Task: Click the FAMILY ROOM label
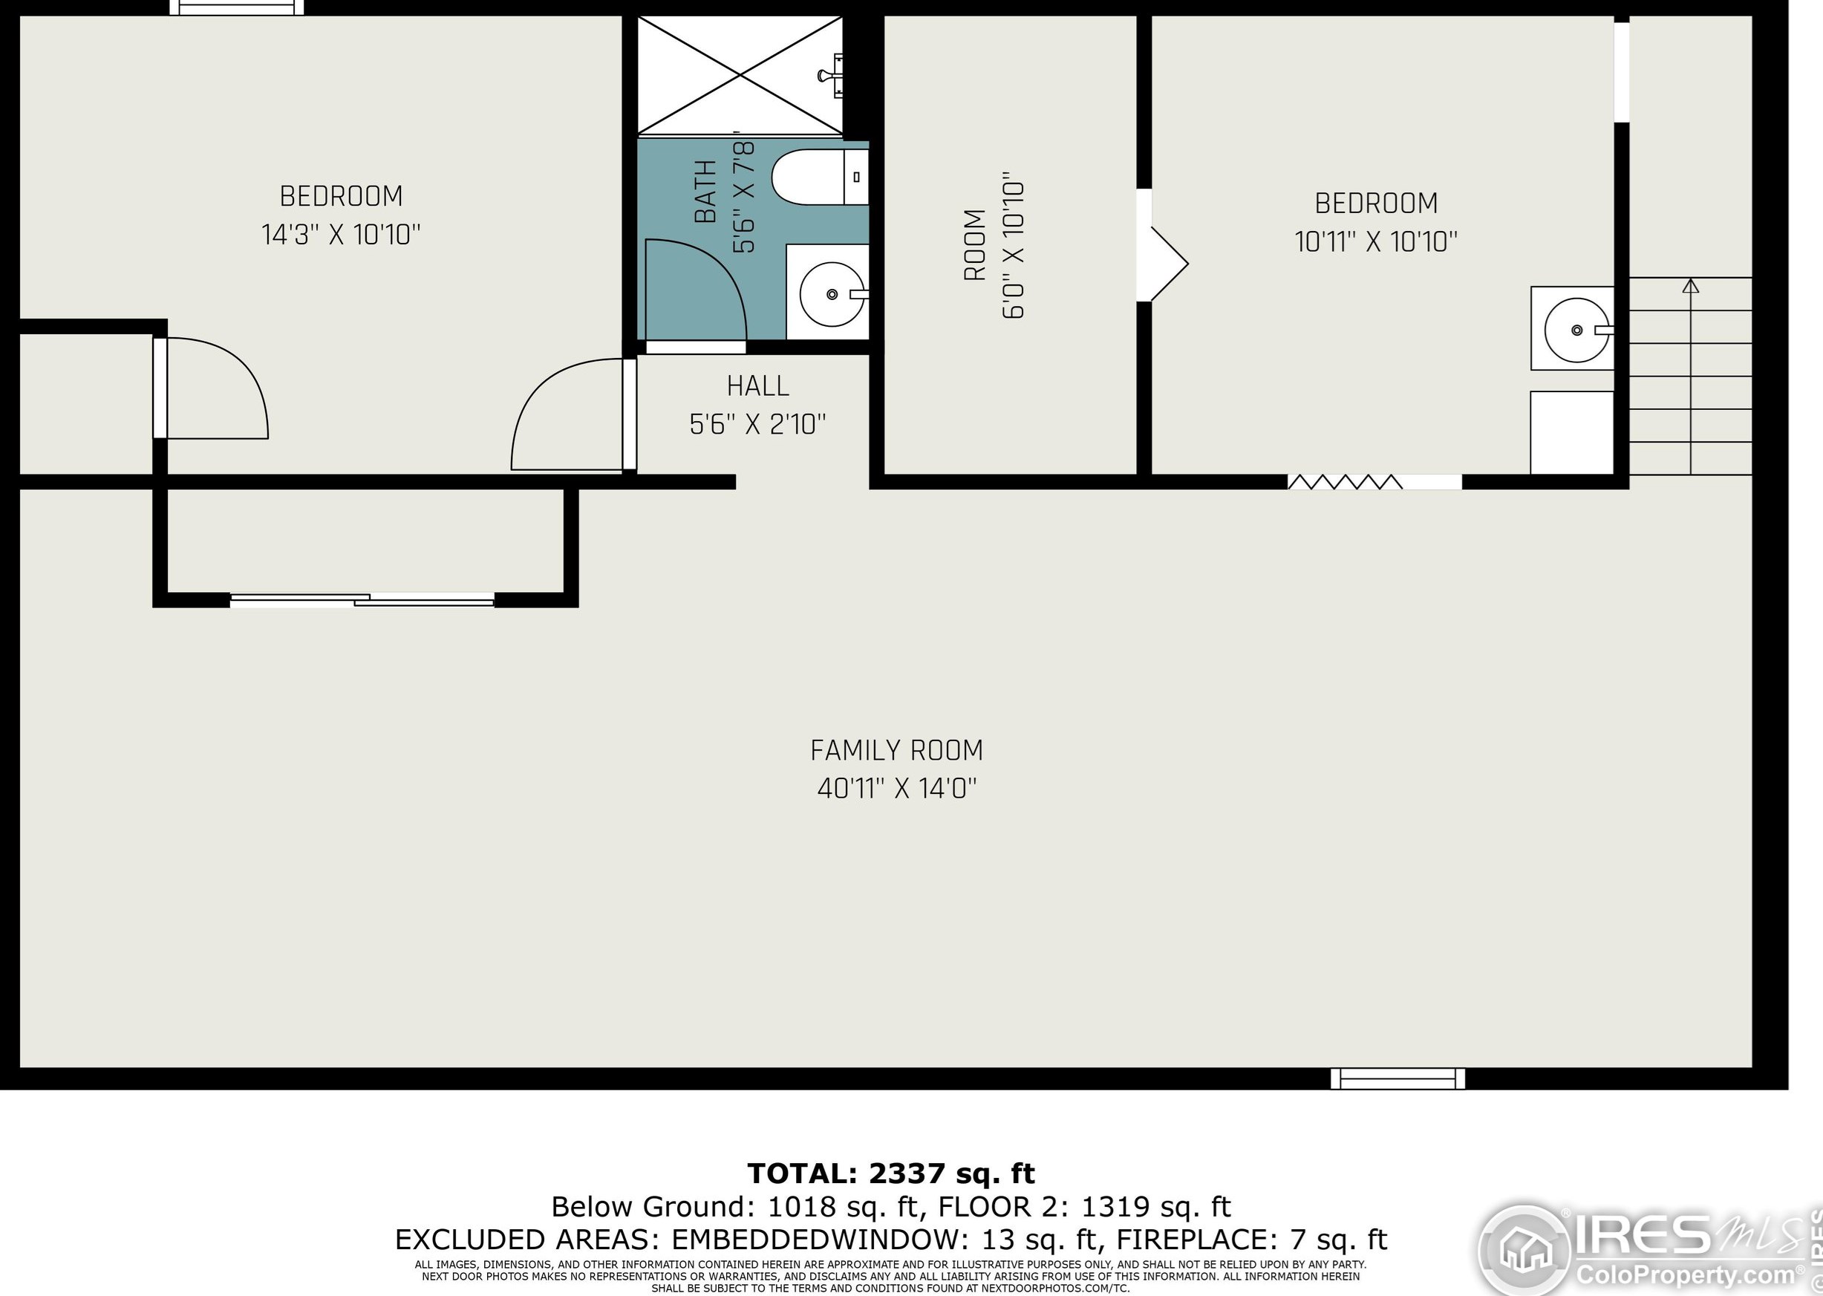pos(897,751)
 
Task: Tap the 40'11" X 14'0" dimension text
pos(897,789)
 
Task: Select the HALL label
pos(758,386)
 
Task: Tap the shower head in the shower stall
pos(832,75)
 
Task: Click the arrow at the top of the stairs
pos(1691,286)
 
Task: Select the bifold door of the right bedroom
pos(1345,481)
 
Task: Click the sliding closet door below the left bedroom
pos(362,600)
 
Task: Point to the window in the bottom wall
pos(1398,1079)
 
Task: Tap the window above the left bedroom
pos(238,7)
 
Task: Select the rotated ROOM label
pos(974,245)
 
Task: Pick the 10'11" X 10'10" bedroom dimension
pos(1376,242)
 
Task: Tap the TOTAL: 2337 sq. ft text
pos(891,1173)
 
